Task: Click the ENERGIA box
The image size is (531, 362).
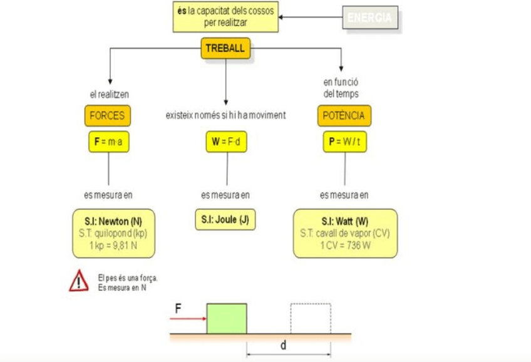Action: [x=370, y=18]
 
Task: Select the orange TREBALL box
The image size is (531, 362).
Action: [x=225, y=49]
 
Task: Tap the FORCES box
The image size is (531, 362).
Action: [x=107, y=116]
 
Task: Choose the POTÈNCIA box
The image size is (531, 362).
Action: [x=344, y=116]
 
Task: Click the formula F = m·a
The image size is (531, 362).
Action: [x=108, y=143]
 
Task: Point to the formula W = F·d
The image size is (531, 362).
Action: [x=226, y=143]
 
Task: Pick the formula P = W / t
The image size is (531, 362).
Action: [x=344, y=143]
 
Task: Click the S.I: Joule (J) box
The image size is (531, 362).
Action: [x=226, y=220]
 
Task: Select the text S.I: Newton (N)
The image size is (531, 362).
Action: [x=113, y=222]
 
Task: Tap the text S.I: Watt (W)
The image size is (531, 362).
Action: [x=345, y=222]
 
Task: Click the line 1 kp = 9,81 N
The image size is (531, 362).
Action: [x=113, y=245]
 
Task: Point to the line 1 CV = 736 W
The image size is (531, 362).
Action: [x=345, y=245]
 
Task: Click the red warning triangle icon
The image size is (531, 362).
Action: [x=79, y=281]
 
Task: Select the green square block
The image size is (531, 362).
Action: [x=226, y=319]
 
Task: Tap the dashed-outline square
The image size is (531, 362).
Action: [x=310, y=319]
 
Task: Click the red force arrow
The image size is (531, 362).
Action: [x=188, y=319]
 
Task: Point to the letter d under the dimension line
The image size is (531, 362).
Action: [x=283, y=345]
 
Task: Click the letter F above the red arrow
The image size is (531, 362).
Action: [x=178, y=308]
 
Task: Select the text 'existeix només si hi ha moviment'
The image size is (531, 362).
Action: [x=225, y=115]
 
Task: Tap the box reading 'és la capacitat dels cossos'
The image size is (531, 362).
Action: [x=225, y=16]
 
